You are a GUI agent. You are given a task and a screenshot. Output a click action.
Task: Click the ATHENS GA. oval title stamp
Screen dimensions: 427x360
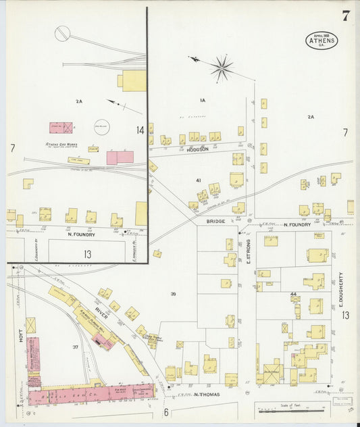322,40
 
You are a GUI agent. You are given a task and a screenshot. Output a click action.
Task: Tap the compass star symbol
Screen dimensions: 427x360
220,68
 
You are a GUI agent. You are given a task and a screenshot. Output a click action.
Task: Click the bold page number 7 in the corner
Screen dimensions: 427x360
346,16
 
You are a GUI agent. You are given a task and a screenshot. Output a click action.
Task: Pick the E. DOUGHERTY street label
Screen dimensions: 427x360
341,286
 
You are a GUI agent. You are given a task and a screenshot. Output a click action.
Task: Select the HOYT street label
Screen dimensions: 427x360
21,336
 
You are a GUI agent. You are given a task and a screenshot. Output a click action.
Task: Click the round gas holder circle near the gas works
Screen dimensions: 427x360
101,126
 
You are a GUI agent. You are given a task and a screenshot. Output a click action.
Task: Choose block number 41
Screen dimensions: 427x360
199,180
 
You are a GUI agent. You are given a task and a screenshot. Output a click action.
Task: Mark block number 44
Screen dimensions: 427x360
293,295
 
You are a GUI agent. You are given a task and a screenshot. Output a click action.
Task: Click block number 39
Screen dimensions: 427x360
173,294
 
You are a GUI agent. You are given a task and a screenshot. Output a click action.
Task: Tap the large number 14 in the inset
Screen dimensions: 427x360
140,130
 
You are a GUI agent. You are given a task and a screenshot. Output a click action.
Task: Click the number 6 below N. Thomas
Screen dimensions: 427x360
165,411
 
